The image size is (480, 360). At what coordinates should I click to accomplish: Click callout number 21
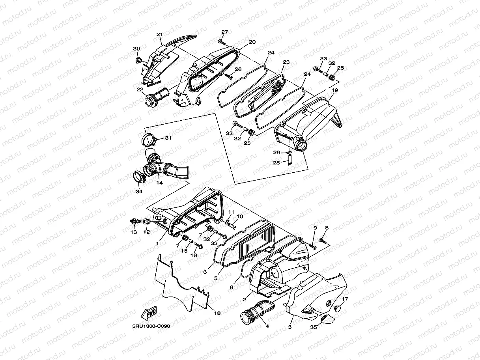tap(159, 35)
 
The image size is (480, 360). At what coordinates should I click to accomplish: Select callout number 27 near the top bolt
tap(224, 32)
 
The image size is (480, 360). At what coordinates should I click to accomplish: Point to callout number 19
tap(335, 90)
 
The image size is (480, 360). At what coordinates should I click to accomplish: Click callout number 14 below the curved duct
tap(159, 183)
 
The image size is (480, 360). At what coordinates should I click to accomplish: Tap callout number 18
tap(217, 313)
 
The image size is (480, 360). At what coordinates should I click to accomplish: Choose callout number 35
tap(314, 327)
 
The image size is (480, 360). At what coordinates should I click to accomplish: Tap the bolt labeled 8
tap(323, 239)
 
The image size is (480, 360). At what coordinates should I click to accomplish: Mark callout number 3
tap(290, 327)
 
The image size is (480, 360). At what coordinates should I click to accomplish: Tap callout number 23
tap(286, 62)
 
